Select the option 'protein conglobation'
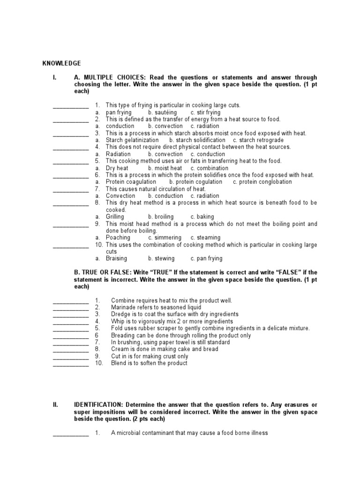pyautogui.click(x=265, y=182)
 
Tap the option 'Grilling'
pyautogui.click(x=115, y=217)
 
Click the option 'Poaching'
pyautogui.click(x=118, y=238)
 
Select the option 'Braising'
pyautogui.click(x=116, y=258)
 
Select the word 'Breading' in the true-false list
pyautogui.click(x=123, y=335)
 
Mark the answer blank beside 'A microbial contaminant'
pyautogui.click(x=71, y=434)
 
